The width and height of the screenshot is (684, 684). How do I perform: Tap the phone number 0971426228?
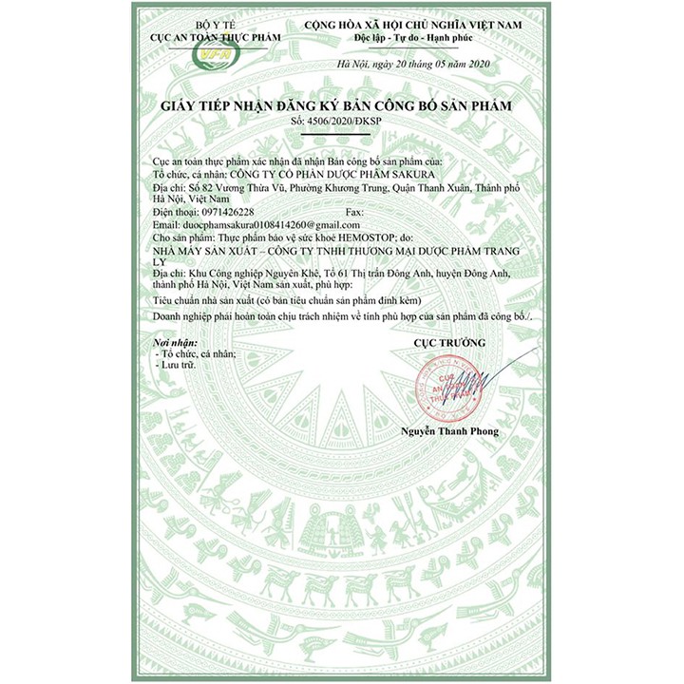tap(220, 212)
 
